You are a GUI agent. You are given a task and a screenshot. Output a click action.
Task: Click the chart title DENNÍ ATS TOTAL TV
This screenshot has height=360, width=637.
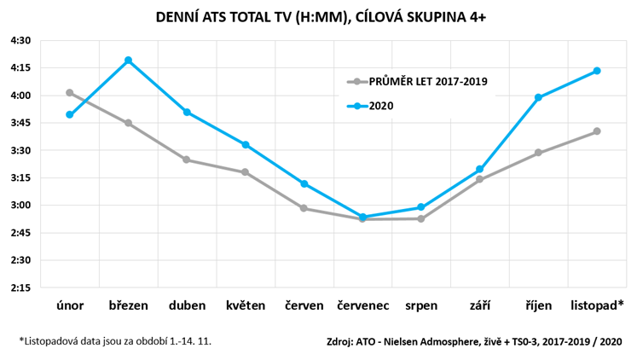[318, 16]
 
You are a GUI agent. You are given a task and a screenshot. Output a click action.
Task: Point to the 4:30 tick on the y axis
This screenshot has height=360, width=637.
[20, 40]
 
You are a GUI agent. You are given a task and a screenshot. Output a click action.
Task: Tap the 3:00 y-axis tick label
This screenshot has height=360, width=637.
[20, 205]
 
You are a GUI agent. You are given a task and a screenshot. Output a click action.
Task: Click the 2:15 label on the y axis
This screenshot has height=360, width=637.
[20, 287]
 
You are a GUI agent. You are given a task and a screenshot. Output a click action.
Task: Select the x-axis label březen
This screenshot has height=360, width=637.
[128, 305]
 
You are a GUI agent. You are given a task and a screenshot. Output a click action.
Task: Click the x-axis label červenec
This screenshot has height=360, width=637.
[362, 305]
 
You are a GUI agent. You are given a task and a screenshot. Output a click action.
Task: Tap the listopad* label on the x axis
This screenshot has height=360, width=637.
[597, 305]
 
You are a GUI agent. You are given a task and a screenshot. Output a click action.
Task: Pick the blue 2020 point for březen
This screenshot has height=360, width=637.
[128, 60]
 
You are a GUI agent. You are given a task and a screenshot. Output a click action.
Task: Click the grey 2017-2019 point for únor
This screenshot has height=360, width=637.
[69, 92]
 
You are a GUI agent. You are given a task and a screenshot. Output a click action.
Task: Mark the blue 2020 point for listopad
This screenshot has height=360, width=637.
[597, 70]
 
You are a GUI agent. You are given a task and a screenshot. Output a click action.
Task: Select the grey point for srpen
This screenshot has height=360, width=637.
[421, 218]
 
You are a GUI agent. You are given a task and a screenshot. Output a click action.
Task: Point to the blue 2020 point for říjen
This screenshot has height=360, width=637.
[538, 97]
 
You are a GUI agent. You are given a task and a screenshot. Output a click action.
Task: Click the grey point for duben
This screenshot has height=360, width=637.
[187, 160]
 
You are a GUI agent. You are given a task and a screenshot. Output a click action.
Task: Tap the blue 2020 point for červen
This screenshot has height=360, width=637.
[304, 183]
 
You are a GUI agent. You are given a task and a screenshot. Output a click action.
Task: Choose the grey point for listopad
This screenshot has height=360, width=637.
[597, 131]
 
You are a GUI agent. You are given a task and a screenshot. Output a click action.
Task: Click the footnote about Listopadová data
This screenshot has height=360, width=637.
[115, 341]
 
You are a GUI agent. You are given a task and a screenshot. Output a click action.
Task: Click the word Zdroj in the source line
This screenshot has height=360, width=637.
[341, 342]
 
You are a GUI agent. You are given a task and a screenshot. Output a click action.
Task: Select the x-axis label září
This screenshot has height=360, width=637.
[479, 305]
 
